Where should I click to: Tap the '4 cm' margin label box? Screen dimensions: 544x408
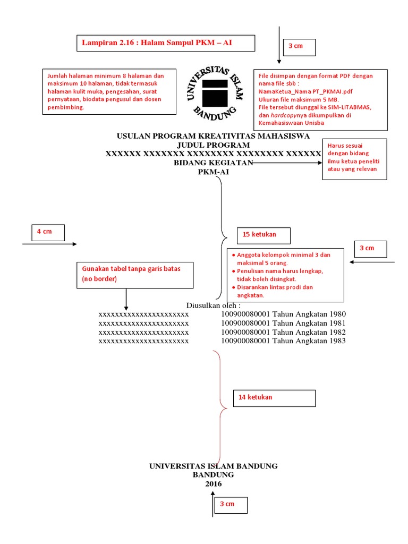pyautogui.click(x=48, y=232)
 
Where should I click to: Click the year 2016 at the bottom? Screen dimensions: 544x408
pyautogui.click(x=214, y=484)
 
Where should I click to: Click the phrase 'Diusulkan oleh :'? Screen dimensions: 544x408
pyautogui.click(x=214, y=305)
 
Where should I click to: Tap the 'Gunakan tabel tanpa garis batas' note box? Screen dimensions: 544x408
pyautogui.click(x=131, y=274)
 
